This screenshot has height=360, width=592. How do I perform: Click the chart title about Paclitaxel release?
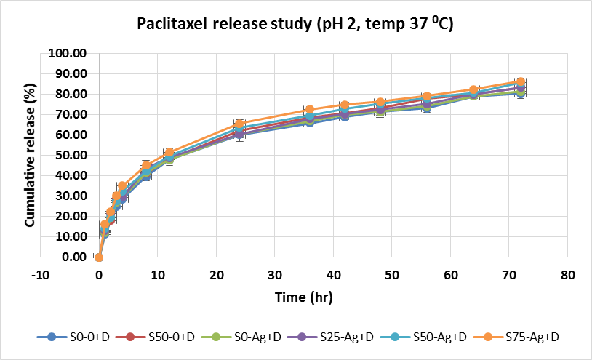[296, 25]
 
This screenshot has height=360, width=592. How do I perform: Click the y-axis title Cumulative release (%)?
[31, 155]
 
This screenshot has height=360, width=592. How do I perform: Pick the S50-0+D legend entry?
[164, 337]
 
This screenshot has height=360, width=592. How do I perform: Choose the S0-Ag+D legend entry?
[252, 337]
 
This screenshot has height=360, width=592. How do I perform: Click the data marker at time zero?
[99, 257]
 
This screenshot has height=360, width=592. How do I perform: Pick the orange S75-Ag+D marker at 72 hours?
[521, 82]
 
